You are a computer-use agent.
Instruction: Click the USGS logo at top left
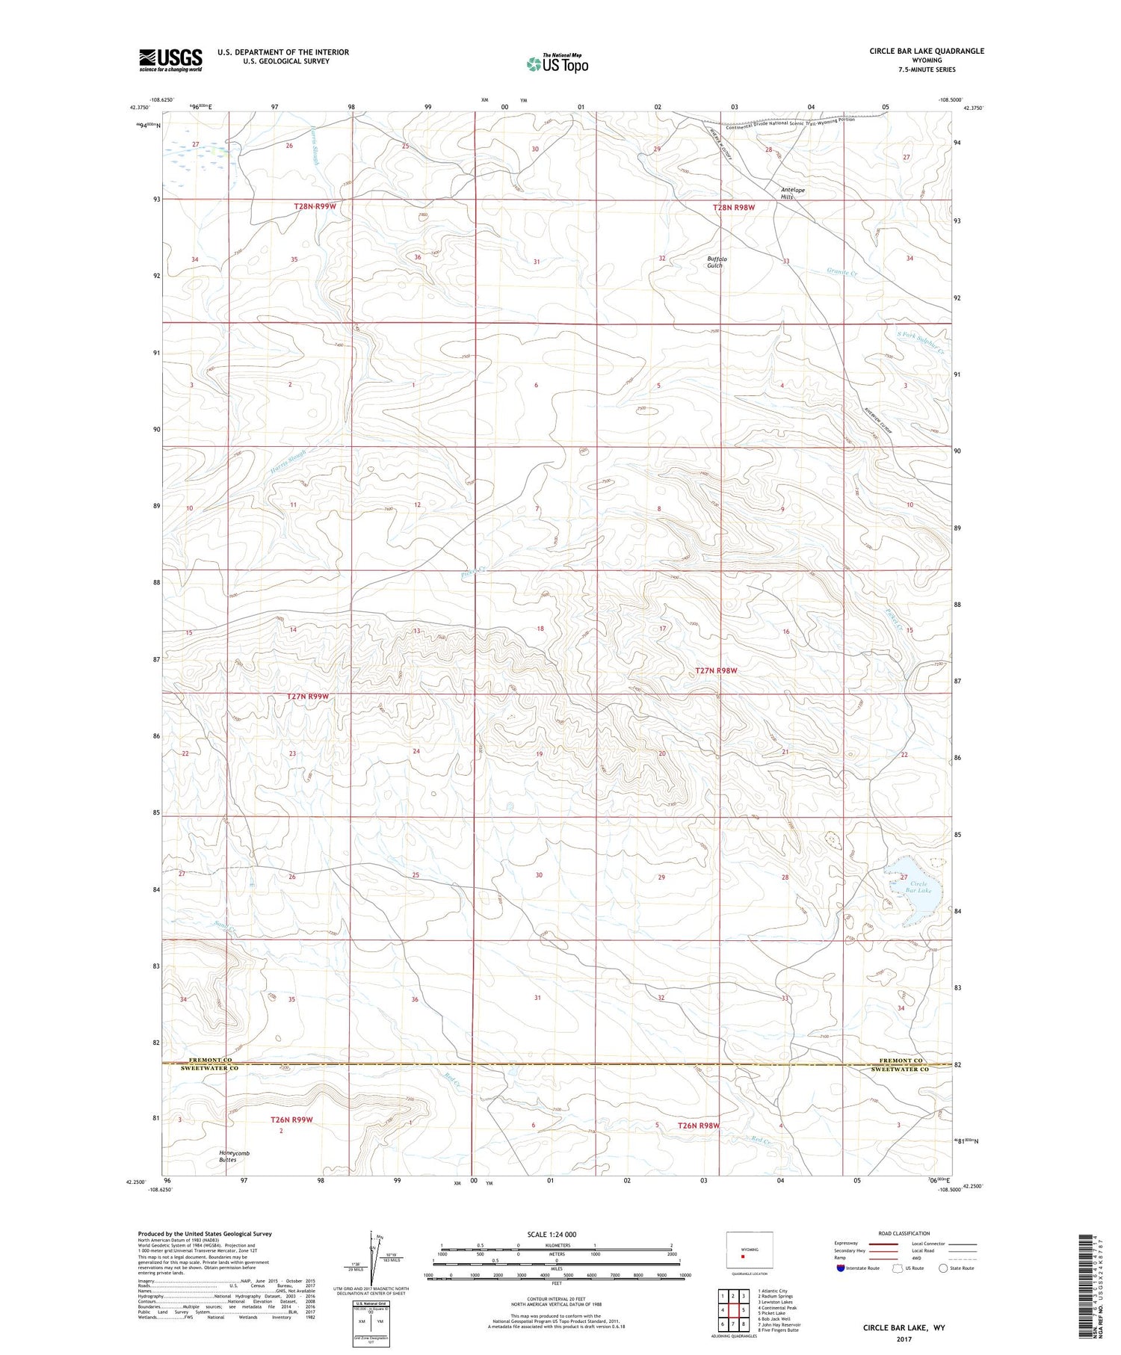click(x=170, y=59)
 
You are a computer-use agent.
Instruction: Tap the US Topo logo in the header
click(x=557, y=63)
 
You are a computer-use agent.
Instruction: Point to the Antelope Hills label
click(x=793, y=193)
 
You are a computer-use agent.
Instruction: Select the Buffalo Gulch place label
click(x=717, y=262)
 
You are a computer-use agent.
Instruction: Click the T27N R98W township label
click(x=715, y=670)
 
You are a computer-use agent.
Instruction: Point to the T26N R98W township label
click(x=698, y=1125)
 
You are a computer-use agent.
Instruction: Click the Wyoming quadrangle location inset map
click(x=749, y=1252)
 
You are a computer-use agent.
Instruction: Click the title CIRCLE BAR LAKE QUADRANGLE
click(x=915, y=51)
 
